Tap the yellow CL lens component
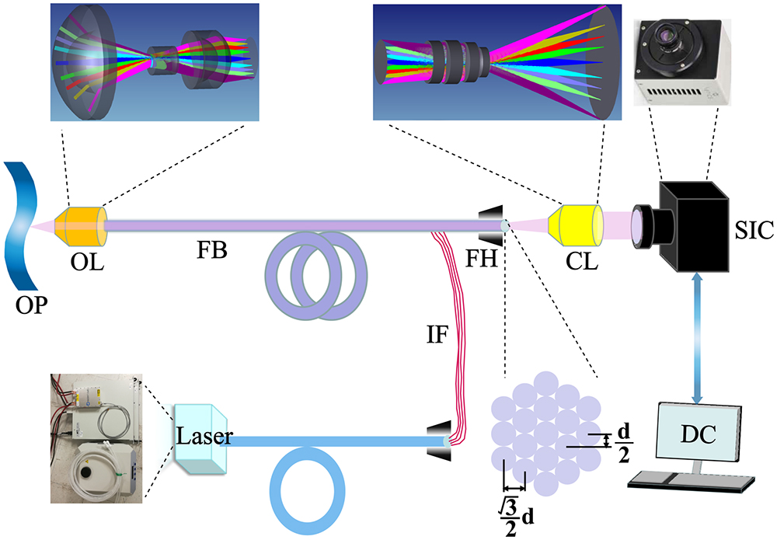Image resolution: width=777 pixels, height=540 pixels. (576, 224)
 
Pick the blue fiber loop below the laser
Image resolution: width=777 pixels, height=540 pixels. (308, 498)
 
